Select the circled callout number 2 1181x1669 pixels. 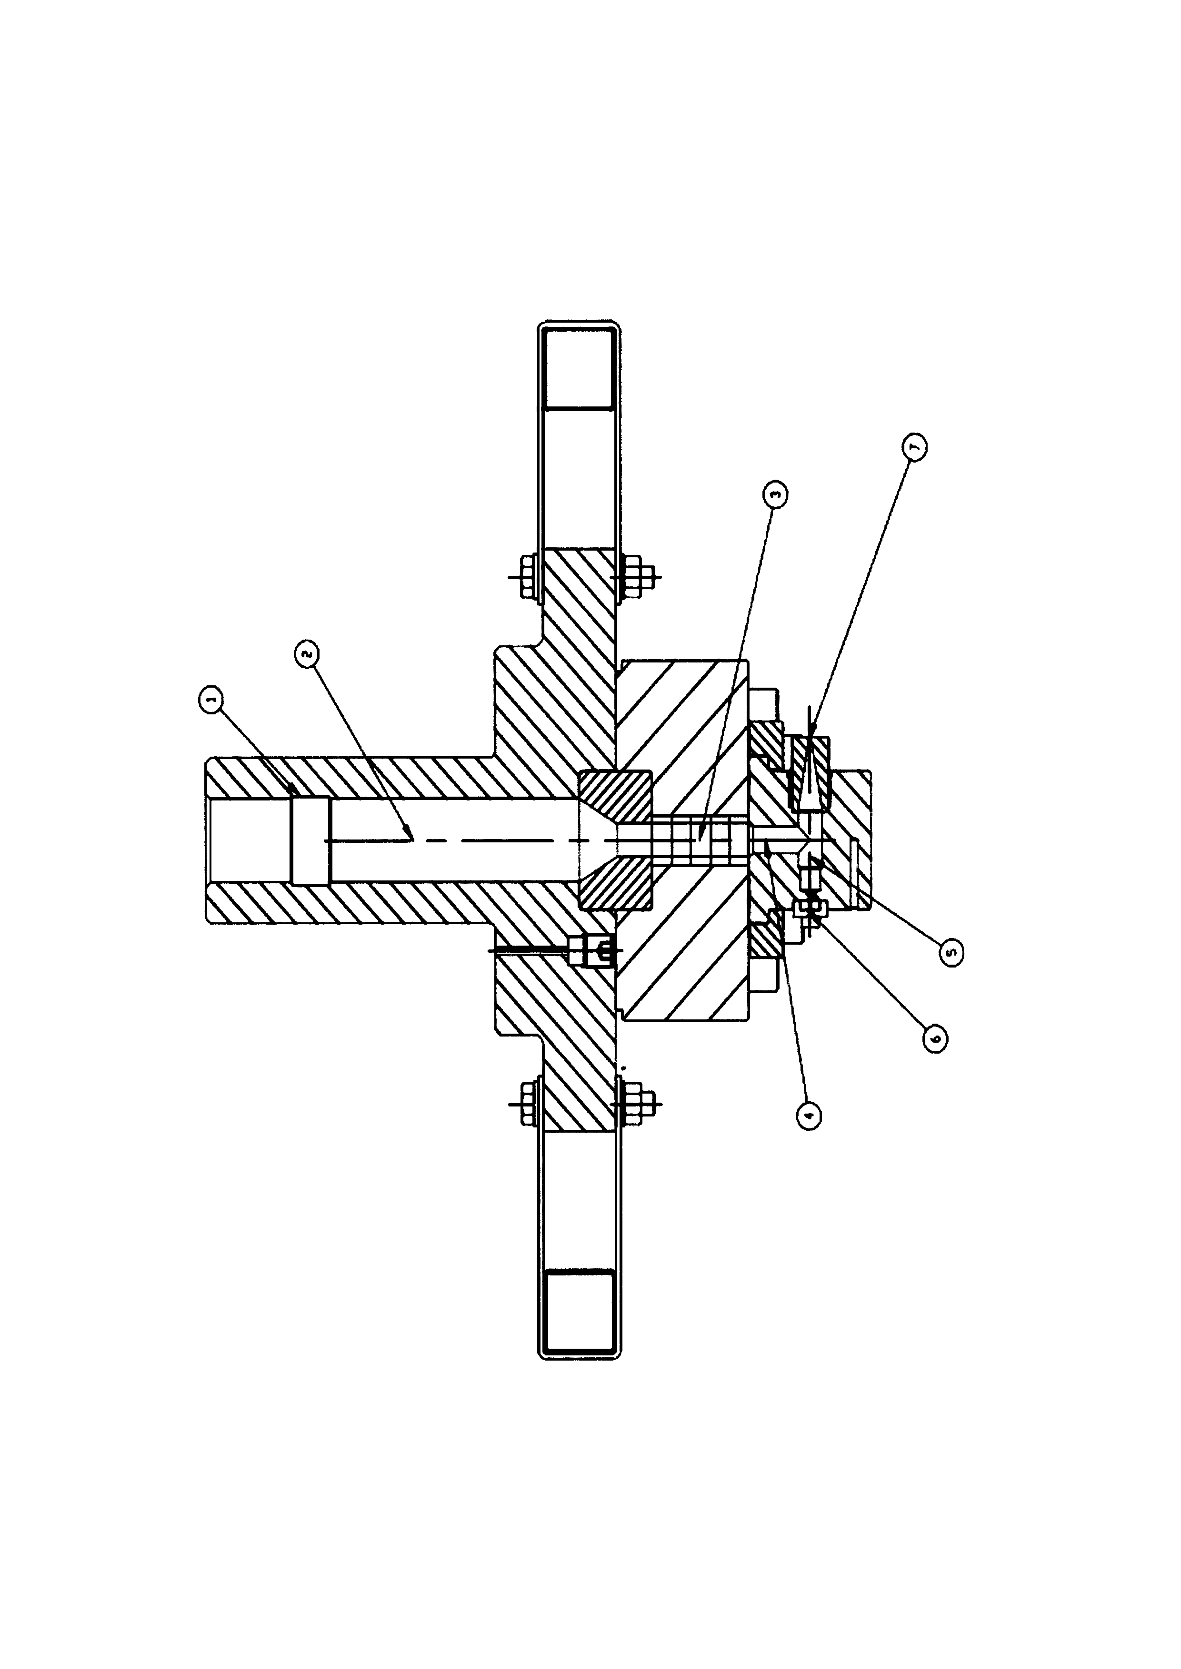(x=306, y=653)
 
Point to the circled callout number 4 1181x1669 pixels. (x=809, y=1115)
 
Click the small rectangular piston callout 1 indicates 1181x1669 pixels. (x=310, y=841)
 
